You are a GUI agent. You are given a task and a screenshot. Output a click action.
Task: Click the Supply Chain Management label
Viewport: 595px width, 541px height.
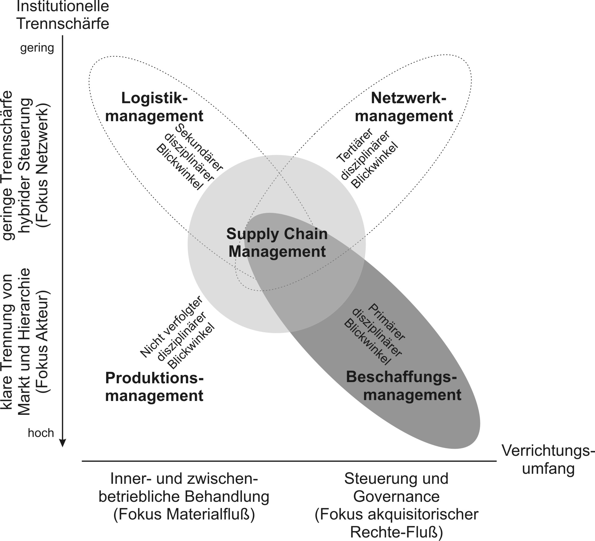pyautogui.click(x=277, y=243)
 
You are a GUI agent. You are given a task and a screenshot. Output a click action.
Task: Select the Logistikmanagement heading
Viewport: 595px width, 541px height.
pyautogui.click(x=154, y=107)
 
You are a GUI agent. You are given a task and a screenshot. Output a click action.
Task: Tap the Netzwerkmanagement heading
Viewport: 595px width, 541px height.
pyautogui.click(x=404, y=107)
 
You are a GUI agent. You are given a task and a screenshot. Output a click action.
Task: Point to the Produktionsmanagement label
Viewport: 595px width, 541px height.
pyautogui.click(x=154, y=387)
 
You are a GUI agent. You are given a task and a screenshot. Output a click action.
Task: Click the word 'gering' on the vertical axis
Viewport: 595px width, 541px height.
pyautogui.click(x=37, y=48)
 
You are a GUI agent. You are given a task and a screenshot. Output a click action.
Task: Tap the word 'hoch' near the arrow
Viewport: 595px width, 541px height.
pyautogui.click(x=41, y=433)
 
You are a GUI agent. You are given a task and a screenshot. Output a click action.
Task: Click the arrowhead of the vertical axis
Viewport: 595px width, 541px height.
pyautogui.click(x=62, y=443)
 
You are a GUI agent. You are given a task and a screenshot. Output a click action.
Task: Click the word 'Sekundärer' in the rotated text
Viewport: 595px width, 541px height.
pyautogui.click(x=199, y=148)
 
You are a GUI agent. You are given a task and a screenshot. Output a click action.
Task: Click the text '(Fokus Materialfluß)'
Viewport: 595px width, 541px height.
pyautogui.click(x=184, y=514)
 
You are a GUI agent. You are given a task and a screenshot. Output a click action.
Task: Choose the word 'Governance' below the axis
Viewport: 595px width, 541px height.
pyautogui.click(x=396, y=496)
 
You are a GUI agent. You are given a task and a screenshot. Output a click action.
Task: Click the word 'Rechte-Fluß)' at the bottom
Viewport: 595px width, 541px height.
pyautogui.click(x=396, y=532)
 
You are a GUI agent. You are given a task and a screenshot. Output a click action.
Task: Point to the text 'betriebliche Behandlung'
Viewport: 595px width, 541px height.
pyautogui.click(x=184, y=496)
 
